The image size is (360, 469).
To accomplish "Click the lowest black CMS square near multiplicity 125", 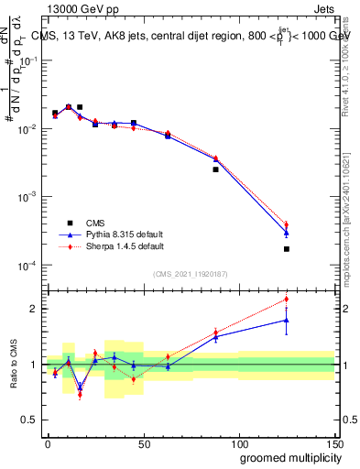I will tap(287, 249).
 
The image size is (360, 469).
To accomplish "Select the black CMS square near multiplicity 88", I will tap(216, 169).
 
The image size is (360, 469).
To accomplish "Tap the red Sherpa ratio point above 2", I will tap(287, 299).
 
